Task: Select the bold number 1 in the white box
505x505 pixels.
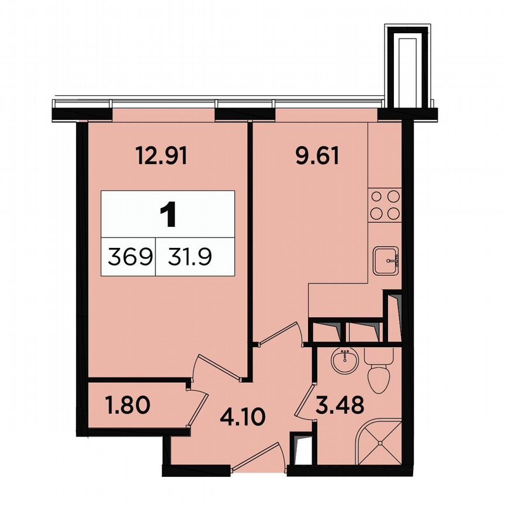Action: (x=168, y=215)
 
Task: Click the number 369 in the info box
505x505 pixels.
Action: (x=129, y=255)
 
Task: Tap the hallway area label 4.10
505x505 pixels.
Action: (x=243, y=418)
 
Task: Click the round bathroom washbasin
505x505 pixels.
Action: (x=345, y=360)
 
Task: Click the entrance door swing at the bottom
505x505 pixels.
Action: (x=261, y=456)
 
